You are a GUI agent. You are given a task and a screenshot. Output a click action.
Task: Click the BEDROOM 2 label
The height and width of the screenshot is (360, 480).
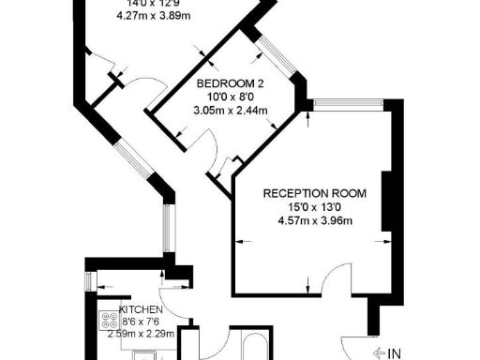[x=230, y=82]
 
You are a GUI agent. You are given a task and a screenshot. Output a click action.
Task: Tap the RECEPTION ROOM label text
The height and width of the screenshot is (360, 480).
[x=314, y=194]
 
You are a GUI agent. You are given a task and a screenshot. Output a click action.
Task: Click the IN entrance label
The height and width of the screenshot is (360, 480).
[x=395, y=353]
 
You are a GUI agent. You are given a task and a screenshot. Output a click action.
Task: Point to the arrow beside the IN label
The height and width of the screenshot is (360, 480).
[x=378, y=353]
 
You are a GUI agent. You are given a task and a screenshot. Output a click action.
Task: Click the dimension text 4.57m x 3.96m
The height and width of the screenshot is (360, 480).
[x=315, y=221]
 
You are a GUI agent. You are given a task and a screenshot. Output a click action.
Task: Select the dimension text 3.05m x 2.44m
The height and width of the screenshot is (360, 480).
[x=230, y=110]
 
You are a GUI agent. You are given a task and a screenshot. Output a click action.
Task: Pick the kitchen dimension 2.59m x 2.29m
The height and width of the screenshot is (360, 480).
[x=142, y=332]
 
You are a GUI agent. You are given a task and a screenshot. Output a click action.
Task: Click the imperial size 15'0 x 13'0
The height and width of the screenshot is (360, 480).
[x=314, y=208]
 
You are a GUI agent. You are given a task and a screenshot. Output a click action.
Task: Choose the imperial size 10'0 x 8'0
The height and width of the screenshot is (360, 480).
[x=230, y=96]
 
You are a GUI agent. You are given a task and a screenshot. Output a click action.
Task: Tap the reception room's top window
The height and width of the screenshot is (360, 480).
[x=348, y=104]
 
